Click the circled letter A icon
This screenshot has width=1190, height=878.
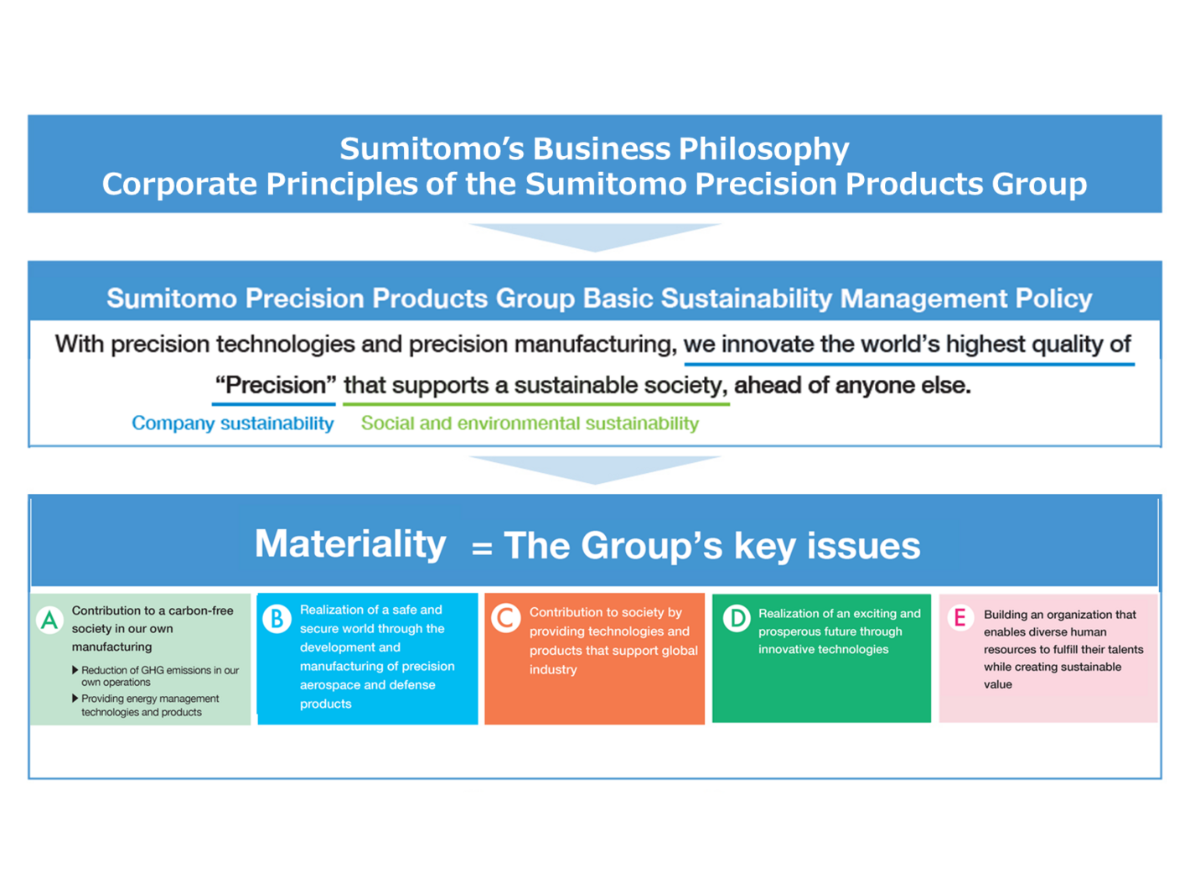(x=49, y=620)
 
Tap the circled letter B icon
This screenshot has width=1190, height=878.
(x=277, y=619)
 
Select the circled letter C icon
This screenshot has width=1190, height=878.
(x=505, y=619)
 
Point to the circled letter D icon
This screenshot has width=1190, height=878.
(x=737, y=619)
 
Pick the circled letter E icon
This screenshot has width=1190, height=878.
(x=960, y=617)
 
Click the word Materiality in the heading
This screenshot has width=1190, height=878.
(x=350, y=544)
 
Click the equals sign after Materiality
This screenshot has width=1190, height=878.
(x=481, y=548)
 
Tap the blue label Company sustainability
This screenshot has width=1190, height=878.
(x=233, y=423)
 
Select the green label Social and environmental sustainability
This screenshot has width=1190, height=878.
(x=530, y=423)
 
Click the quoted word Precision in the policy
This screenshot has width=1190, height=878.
(x=275, y=385)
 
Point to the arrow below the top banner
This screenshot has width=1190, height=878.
(x=595, y=237)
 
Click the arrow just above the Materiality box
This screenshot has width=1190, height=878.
(x=595, y=470)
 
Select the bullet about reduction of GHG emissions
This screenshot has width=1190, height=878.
(x=156, y=676)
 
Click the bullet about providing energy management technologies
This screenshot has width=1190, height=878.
(x=146, y=705)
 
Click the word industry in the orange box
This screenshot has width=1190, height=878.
(x=553, y=670)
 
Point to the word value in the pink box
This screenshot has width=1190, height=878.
(x=998, y=684)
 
